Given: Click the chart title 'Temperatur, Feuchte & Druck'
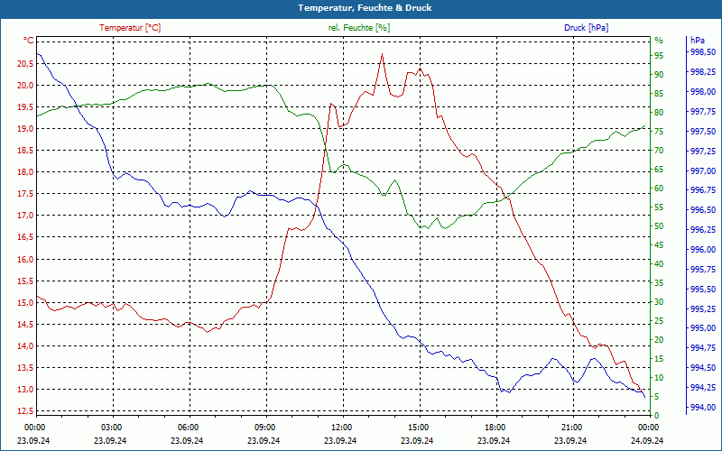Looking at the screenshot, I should (365, 7).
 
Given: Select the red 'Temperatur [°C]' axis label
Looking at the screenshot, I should (130, 28).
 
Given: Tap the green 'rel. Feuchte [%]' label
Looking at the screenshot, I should (359, 28).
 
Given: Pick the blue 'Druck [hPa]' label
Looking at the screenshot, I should (588, 28).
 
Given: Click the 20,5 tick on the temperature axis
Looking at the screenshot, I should (23, 63).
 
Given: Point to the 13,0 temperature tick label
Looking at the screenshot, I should (23, 390).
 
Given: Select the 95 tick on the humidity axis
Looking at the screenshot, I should (659, 55).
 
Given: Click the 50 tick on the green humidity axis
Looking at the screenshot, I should (659, 226).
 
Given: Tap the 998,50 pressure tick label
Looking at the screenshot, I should (703, 52).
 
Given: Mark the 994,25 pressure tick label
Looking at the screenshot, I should (703, 388).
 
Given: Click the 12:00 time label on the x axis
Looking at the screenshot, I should (342, 428).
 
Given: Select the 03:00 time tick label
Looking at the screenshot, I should (112, 428).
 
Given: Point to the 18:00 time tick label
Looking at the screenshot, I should (495, 428).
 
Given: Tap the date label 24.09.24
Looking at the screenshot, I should (648, 440).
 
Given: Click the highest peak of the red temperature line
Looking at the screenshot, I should (382, 54).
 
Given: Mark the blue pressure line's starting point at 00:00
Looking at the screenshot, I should (37, 54).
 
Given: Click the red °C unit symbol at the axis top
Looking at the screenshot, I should (28, 41).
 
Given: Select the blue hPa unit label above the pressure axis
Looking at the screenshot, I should (698, 41).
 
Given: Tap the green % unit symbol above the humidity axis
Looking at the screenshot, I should (659, 41).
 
